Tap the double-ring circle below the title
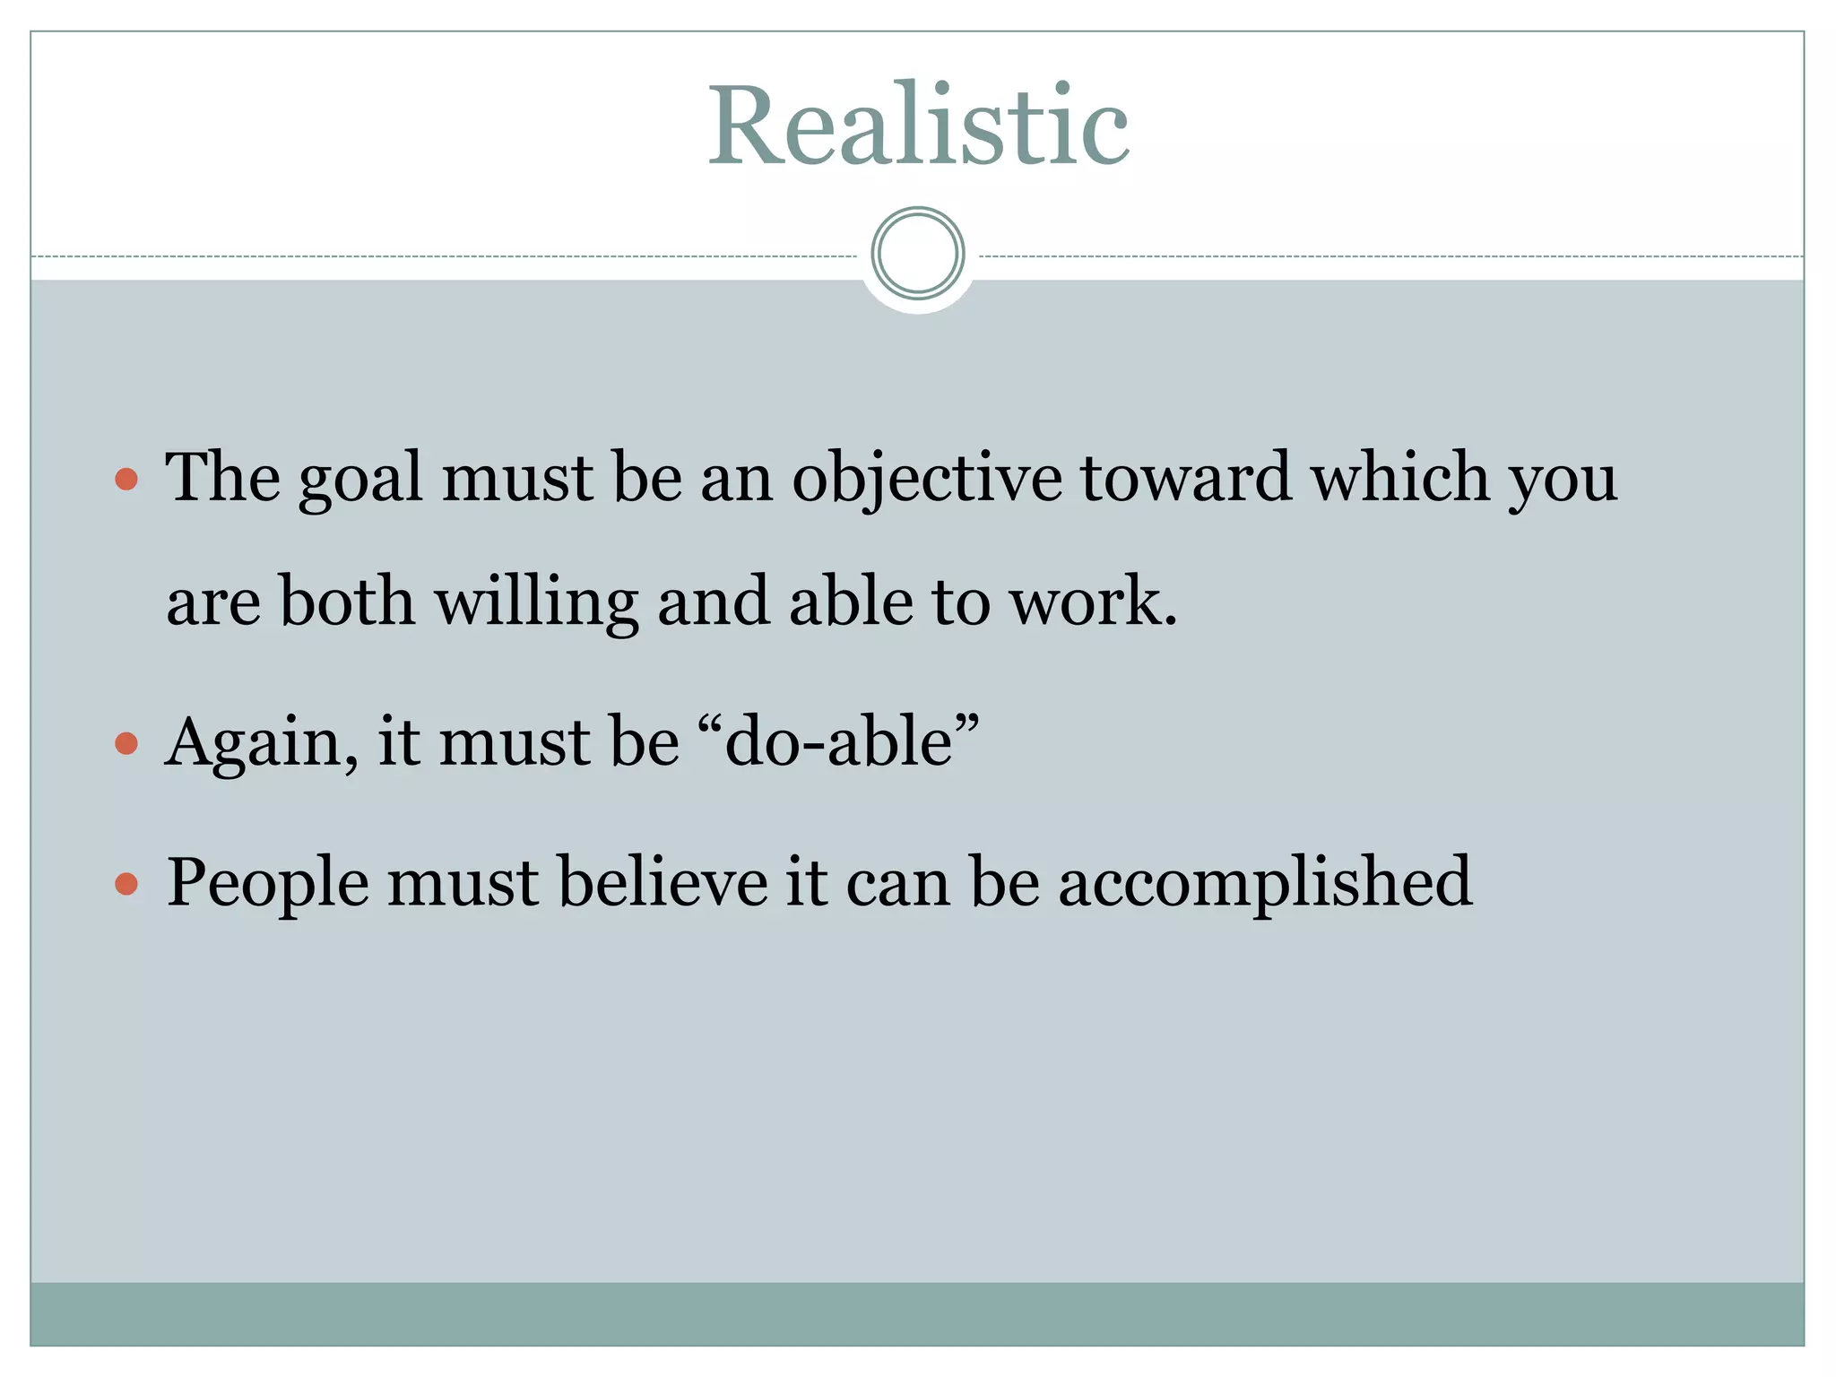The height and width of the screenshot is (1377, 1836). pos(918,254)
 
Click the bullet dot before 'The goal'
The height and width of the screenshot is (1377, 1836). pos(126,479)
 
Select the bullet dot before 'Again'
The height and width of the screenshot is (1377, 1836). pos(126,743)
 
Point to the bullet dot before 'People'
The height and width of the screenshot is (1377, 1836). pos(126,884)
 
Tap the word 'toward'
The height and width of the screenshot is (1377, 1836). pos(1185,477)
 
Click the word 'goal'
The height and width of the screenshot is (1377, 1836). pos(359,481)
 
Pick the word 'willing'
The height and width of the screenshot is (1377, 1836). pos(536,602)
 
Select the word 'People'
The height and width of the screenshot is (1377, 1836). pos(267,884)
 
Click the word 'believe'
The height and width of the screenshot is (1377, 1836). pos(663,882)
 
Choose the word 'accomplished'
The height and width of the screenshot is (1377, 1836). pos(1265,884)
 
